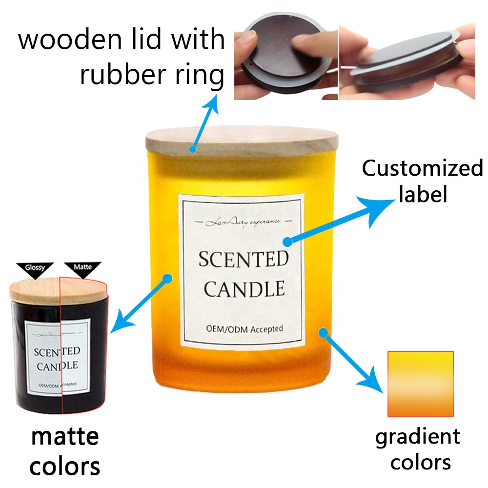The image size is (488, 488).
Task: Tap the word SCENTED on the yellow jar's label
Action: pos(243,259)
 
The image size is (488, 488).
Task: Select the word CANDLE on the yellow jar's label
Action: pos(244,289)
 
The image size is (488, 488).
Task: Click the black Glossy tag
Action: pos(36,268)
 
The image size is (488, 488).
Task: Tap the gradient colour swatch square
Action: pos(420,384)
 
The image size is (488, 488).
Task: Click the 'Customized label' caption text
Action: pos(422,181)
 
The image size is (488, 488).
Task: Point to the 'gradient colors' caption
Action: pos(418,448)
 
